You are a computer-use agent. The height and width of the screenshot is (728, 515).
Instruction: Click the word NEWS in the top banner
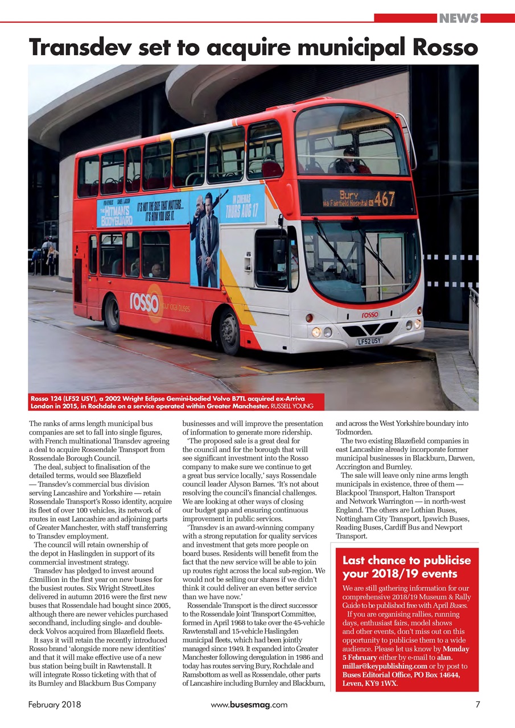[x=459, y=18]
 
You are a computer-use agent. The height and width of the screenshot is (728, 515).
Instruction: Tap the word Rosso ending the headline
[x=446, y=47]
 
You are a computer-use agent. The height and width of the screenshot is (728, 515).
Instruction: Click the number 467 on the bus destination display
[x=385, y=198]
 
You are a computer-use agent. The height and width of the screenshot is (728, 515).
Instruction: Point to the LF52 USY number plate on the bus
[x=369, y=341]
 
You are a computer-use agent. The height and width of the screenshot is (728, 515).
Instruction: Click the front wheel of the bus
[x=229, y=330]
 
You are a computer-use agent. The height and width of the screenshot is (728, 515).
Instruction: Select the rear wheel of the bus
[x=112, y=312]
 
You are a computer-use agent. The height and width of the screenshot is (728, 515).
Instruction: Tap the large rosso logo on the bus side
[x=146, y=302]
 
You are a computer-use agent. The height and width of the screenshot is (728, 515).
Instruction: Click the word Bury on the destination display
[x=348, y=194]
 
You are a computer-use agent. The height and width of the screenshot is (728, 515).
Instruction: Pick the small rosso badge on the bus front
[x=369, y=315]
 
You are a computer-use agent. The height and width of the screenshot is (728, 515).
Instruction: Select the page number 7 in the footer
[x=477, y=705]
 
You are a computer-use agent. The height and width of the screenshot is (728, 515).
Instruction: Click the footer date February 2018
[x=55, y=705]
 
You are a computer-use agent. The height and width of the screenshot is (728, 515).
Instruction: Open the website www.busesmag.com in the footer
[x=249, y=705]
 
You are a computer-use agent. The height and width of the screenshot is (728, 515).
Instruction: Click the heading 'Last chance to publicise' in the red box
[x=406, y=561]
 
